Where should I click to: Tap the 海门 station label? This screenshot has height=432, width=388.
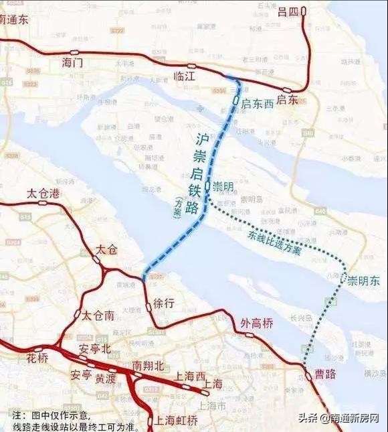point(72,63)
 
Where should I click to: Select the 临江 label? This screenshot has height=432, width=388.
point(183,77)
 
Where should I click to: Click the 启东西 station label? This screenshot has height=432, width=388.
point(258,103)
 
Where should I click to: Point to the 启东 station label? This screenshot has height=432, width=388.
point(287,100)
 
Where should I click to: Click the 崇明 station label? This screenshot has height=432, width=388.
point(223,187)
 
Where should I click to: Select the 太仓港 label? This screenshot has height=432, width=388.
point(43,194)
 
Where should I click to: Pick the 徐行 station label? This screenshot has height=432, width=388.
point(164,303)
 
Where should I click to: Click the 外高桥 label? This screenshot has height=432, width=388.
point(257,323)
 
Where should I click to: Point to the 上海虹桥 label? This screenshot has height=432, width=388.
point(176,421)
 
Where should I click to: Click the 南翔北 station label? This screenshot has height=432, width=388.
point(148,366)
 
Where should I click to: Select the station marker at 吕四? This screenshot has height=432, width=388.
point(303,11)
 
